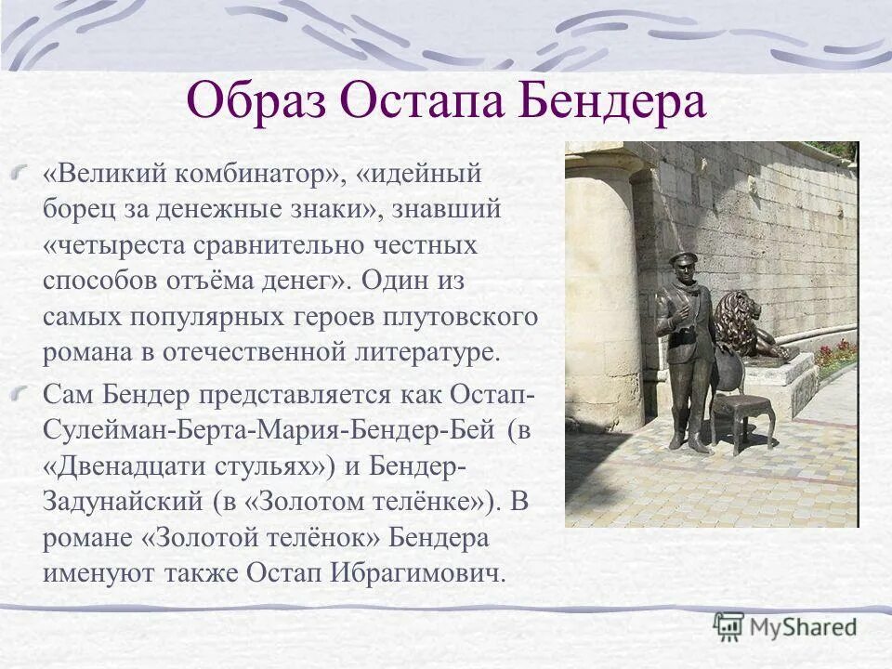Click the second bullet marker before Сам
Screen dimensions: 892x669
point(27,394)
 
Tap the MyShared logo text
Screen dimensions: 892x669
point(803,627)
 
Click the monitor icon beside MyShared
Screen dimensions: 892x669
point(728,627)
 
